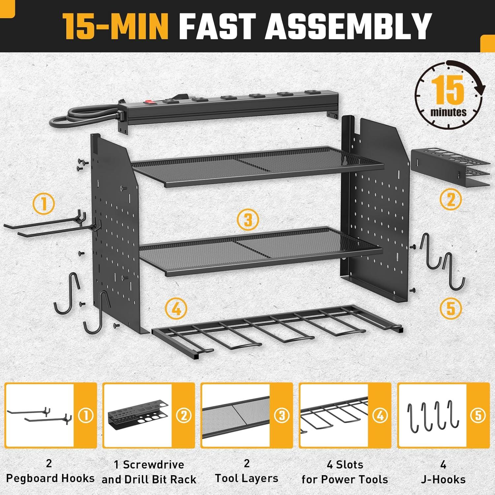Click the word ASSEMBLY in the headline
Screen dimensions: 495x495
tap(348, 26)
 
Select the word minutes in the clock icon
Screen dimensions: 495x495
tap(448, 112)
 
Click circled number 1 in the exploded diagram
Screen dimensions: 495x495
tap(44, 204)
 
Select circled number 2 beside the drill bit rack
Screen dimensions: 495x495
tap(450, 200)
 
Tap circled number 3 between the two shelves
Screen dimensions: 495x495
tap(248, 220)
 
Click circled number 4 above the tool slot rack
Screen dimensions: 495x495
tap(177, 309)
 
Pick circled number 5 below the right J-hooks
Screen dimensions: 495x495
tap(450, 309)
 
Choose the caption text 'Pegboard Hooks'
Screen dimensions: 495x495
tap(50, 478)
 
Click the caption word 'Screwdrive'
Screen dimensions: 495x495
tap(153, 465)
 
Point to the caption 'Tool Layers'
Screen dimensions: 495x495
tap(247, 478)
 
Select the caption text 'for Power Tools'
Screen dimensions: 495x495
tap(345, 479)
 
